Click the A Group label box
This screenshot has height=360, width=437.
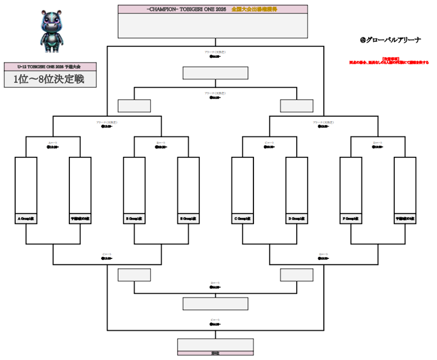click(x=26, y=219)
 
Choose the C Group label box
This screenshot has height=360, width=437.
click(x=243, y=219)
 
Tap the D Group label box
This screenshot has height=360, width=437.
click(x=297, y=219)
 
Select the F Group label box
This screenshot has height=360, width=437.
click(x=351, y=219)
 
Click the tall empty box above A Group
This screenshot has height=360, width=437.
click(x=26, y=185)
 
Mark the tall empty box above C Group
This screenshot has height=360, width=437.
click(x=243, y=185)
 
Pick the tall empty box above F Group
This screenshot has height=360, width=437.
click(x=351, y=185)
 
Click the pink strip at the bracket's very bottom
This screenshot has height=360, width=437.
click(x=216, y=353)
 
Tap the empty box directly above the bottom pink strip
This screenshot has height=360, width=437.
click(x=216, y=344)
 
